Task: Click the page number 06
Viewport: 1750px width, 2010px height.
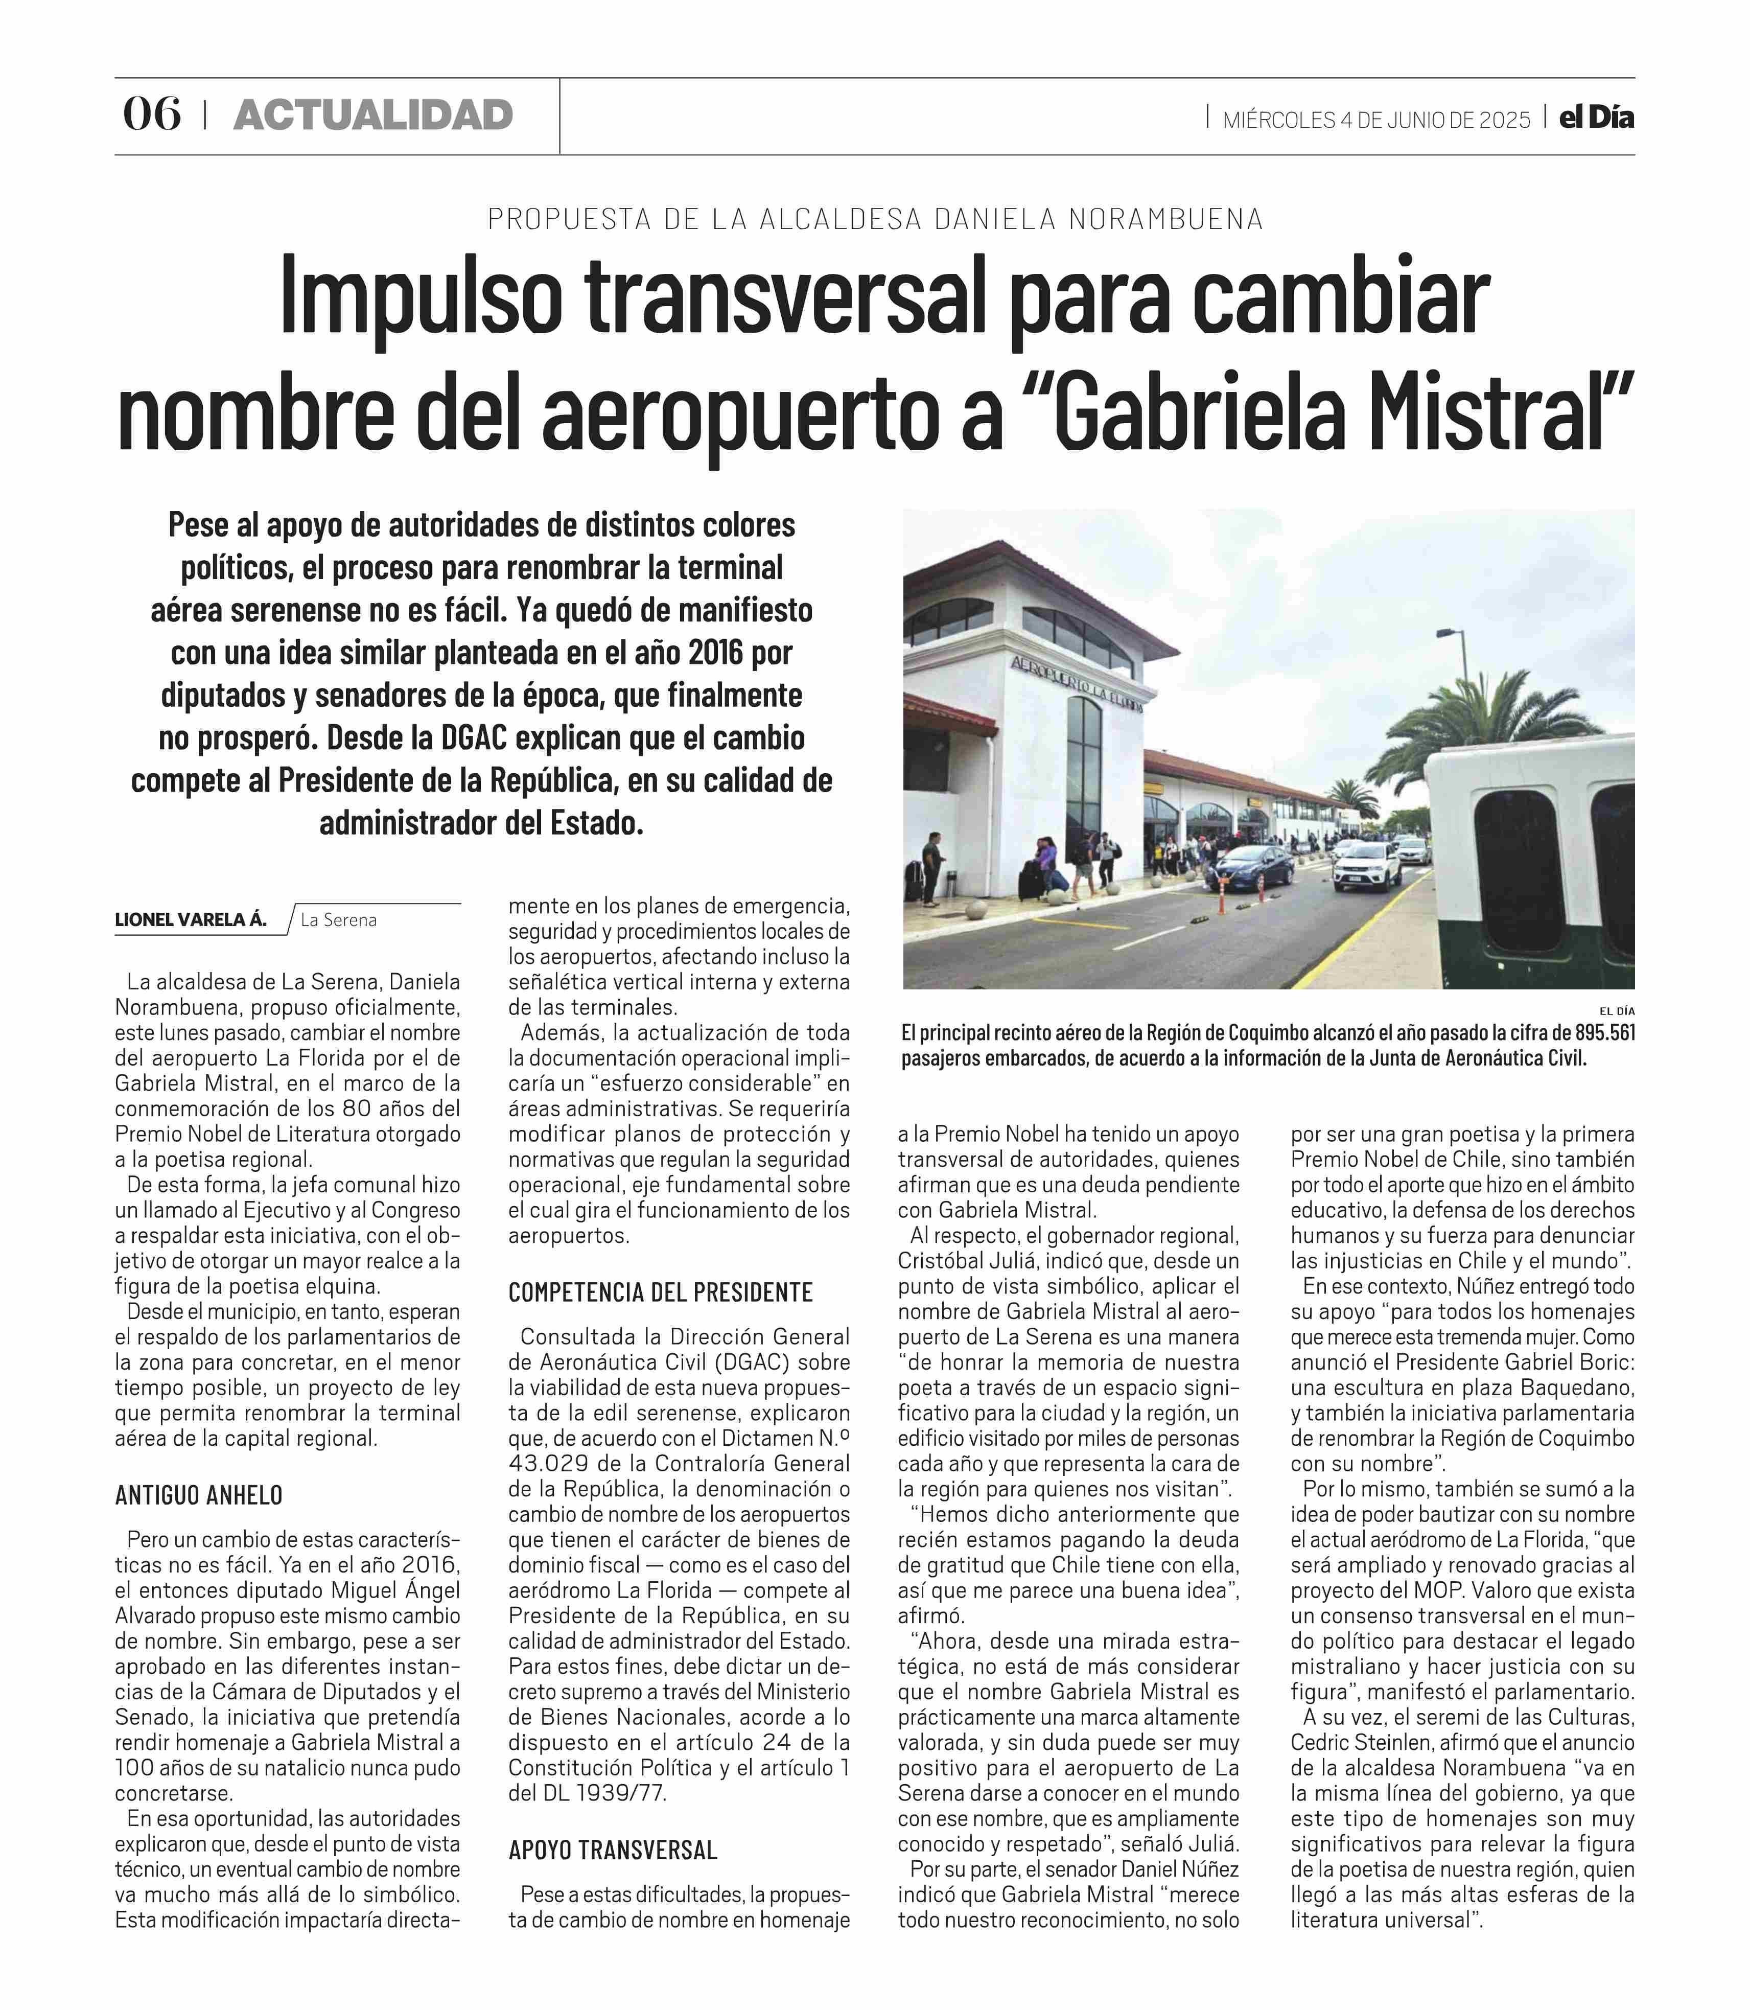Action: point(151,115)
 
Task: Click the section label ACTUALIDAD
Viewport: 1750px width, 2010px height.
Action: point(373,115)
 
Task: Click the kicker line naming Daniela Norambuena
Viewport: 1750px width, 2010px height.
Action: point(875,219)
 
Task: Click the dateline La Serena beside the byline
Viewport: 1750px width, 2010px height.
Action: point(338,920)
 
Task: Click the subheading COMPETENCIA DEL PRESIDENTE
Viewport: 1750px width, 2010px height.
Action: point(660,1292)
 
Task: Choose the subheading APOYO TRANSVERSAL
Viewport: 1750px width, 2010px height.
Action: point(612,1850)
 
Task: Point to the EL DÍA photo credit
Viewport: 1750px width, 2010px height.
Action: point(1616,1011)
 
